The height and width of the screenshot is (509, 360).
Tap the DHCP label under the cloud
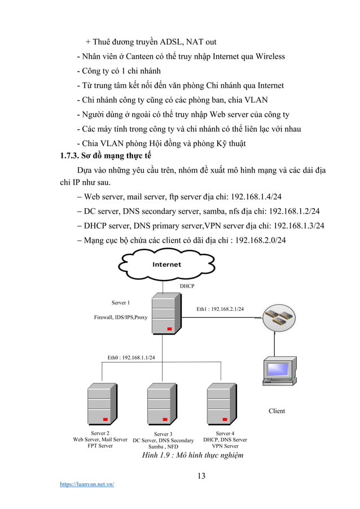coord(187,287)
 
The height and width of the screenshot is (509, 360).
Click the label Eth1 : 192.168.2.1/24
coord(220,309)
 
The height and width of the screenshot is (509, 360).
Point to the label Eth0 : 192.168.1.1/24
coord(131,357)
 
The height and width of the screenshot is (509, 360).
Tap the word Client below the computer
coord(276,411)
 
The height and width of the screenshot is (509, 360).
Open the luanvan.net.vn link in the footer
coord(87,484)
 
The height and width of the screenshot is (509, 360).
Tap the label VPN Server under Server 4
coord(225,446)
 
